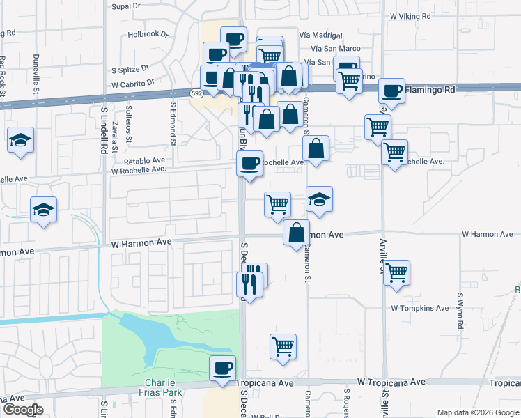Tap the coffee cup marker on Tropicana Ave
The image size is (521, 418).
click(x=223, y=369)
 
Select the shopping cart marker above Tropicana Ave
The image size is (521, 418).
click(x=283, y=346)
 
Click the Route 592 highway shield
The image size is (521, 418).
click(x=198, y=92)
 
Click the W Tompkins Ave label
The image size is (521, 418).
click(x=419, y=307)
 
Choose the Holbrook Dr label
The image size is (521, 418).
click(x=148, y=34)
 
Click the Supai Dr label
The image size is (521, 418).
click(x=127, y=5)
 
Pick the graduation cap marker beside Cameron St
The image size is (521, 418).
click(x=320, y=199)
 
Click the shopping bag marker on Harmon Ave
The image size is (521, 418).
click(x=297, y=233)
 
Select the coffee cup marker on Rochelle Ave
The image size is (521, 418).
click(x=249, y=164)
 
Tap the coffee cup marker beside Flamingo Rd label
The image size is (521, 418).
click(x=392, y=91)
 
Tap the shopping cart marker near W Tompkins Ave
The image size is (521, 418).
click(x=396, y=273)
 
